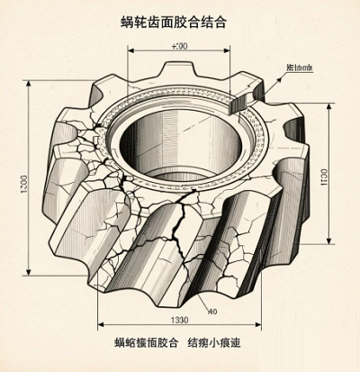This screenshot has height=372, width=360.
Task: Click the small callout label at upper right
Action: (301, 68)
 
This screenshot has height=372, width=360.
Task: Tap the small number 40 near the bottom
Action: (212, 312)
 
